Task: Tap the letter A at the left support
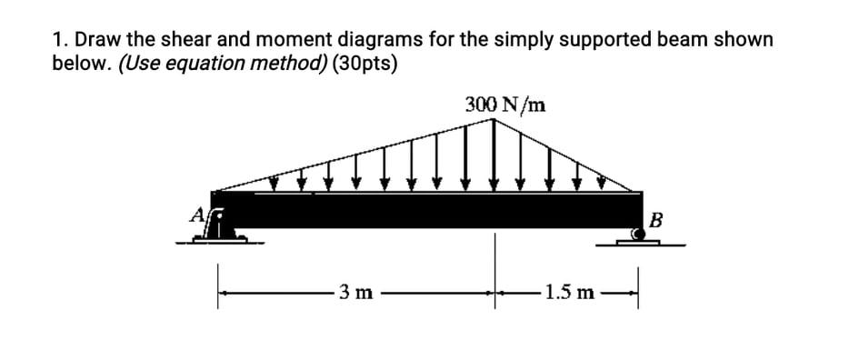[x=195, y=215]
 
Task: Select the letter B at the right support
[x=656, y=219]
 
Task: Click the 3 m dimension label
[x=354, y=292]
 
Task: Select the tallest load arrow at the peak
[x=495, y=155]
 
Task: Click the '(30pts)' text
[x=364, y=65]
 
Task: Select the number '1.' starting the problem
[x=59, y=40]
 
